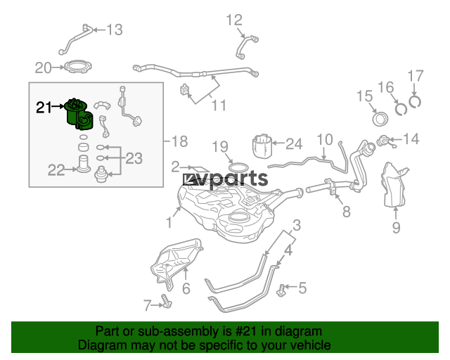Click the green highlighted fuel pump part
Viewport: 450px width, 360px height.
pyautogui.click(x=78, y=114)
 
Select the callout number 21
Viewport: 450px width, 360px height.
pyautogui.click(x=44, y=108)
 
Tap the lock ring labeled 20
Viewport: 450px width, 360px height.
pyautogui.click(x=78, y=67)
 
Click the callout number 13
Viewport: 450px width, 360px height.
pyautogui.click(x=115, y=30)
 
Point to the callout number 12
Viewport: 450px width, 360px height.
pyautogui.click(x=234, y=20)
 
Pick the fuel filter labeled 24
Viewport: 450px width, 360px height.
pyautogui.click(x=262, y=146)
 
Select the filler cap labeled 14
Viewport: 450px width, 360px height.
pyautogui.click(x=384, y=141)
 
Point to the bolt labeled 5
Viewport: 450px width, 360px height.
pyautogui.click(x=281, y=290)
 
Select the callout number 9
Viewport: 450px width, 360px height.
pyautogui.click(x=397, y=227)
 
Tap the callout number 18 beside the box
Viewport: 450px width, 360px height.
pyautogui.click(x=180, y=141)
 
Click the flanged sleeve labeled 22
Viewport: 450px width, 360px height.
pyautogui.click(x=83, y=164)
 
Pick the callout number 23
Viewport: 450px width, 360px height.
pyautogui.click(x=134, y=158)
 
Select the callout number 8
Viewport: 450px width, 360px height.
pyautogui.click(x=347, y=212)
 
